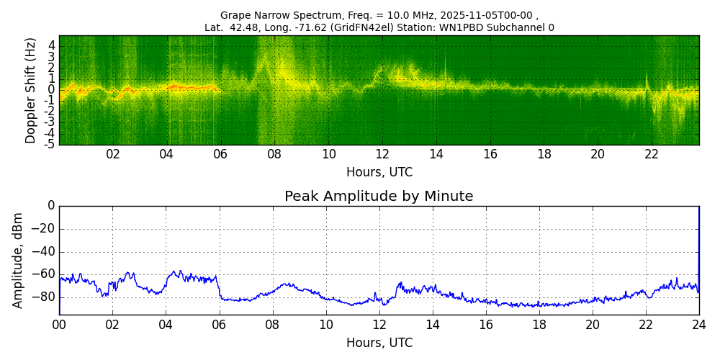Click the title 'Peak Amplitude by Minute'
click(x=379, y=197)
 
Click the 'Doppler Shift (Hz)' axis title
click(x=30, y=90)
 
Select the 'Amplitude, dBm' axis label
click(x=18, y=260)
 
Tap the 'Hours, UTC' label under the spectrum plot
click(x=379, y=173)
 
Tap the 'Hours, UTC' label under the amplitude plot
click(x=379, y=343)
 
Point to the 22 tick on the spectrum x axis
click(x=652, y=154)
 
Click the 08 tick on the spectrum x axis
click(x=274, y=154)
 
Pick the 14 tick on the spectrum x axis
click(x=436, y=154)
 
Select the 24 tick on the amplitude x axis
click(x=698, y=324)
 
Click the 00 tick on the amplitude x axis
click(x=59, y=324)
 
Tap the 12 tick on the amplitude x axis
click(x=379, y=324)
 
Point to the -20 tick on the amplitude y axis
click(x=45, y=229)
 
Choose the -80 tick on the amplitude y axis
click(x=45, y=297)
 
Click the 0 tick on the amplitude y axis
click(x=50, y=206)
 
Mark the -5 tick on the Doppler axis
click(x=50, y=144)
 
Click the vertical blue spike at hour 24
click(x=698, y=245)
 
